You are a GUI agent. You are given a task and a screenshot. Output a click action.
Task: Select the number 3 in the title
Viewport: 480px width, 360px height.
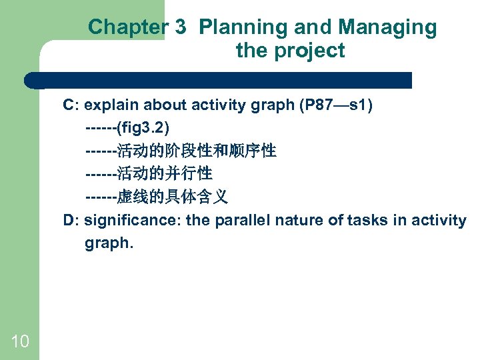pyautogui.click(x=181, y=27)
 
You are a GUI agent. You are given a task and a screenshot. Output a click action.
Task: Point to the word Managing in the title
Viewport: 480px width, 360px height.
pyautogui.click(x=387, y=27)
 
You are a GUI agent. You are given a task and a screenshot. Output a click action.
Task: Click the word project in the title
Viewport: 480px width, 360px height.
pyautogui.click(x=310, y=51)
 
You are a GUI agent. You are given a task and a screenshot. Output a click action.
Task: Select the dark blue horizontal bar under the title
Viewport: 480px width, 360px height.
pyautogui.click(x=220, y=81)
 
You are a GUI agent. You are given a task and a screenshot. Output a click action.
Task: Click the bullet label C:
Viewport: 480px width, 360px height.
pyautogui.click(x=71, y=105)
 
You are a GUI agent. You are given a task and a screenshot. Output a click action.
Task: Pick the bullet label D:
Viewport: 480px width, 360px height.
pyautogui.click(x=71, y=220)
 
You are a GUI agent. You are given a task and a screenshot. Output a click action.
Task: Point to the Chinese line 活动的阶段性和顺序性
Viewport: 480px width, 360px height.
pyautogui.click(x=196, y=151)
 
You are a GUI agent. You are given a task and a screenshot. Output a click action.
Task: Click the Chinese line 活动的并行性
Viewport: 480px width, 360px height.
pyautogui.click(x=164, y=174)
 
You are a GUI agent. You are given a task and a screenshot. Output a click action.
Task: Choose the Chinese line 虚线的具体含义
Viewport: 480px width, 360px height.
pyautogui.click(x=172, y=197)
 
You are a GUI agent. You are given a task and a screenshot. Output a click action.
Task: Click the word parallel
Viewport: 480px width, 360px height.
pyautogui.click(x=243, y=220)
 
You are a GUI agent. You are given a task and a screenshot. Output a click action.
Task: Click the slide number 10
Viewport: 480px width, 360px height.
pyautogui.click(x=20, y=342)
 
